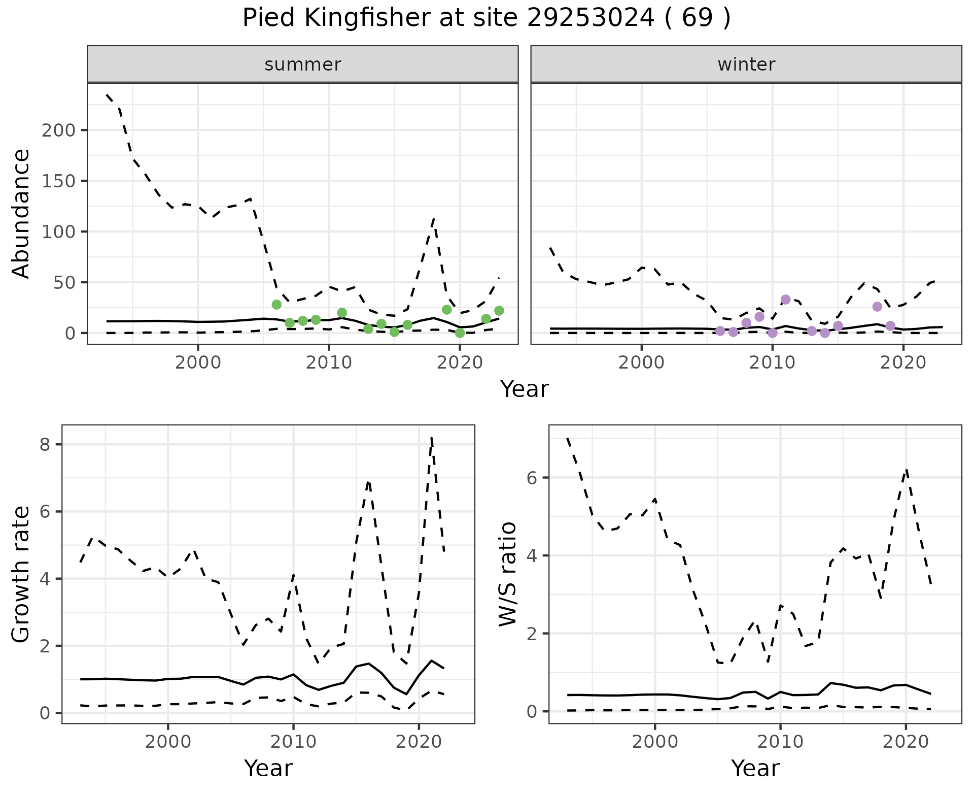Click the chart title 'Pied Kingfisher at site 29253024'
pos(486,18)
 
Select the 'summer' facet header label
pos(303,64)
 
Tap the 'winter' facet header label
pos(746,64)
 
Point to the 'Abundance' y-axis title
pos(21,214)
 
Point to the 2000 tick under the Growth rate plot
pos(168,742)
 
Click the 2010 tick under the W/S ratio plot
pos(780,742)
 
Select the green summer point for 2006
pos(276,305)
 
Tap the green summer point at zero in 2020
pos(460,333)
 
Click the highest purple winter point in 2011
pos(786,300)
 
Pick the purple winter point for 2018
pos(877,307)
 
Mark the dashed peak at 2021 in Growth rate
pos(431,438)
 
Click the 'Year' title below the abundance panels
pos(525,389)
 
